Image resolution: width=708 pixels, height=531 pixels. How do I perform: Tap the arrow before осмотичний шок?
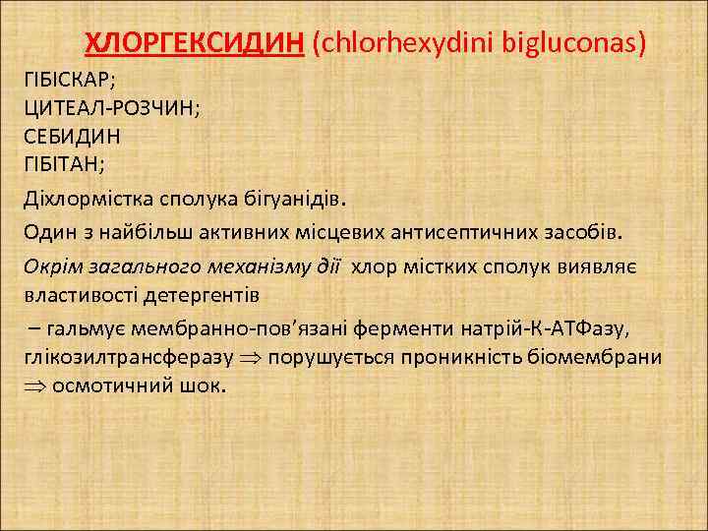35,385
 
